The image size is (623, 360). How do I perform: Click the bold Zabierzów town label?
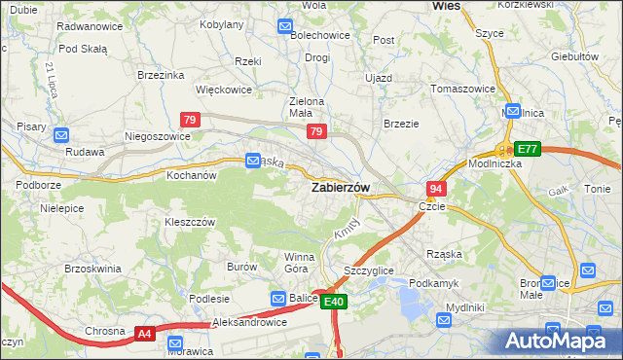tap(339, 188)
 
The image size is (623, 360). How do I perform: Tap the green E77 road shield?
tap(527, 149)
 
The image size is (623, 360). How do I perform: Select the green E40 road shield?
tap(334, 303)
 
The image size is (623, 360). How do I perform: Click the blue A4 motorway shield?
tap(144, 333)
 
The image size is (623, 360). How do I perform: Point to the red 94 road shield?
tap(436, 188)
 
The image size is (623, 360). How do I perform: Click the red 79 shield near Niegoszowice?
tap(191, 120)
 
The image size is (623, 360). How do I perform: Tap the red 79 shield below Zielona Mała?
tap(315, 130)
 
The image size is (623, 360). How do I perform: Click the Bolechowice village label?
tap(319, 36)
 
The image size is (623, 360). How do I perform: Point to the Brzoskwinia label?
tap(92, 268)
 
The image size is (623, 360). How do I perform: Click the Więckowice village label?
tap(224, 90)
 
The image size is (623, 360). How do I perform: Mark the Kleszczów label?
tap(189, 222)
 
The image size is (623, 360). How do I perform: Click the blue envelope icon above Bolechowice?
tap(285, 26)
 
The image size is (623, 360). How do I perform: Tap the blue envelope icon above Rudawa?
tap(61, 136)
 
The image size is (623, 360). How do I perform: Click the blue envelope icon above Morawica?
tap(175, 343)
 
